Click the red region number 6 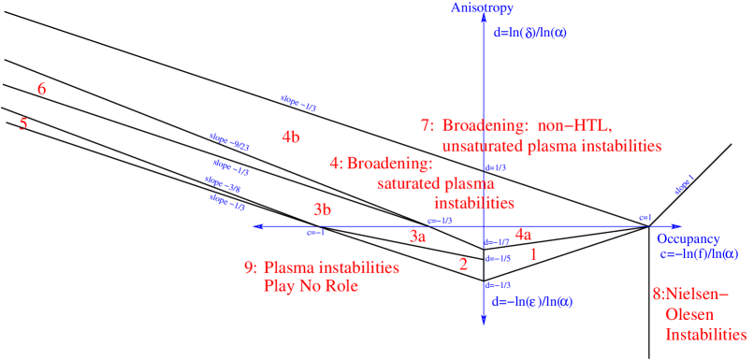pyautogui.click(x=41, y=90)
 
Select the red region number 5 pyautogui.click(x=23, y=123)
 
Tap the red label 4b pyautogui.click(x=291, y=137)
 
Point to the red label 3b pyautogui.click(x=322, y=210)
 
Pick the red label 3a pyautogui.click(x=418, y=238)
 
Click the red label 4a pyautogui.click(x=523, y=236)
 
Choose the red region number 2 pyautogui.click(x=463, y=265)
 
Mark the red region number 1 pyautogui.click(x=533, y=253)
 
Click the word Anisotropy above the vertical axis pyautogui.click(x=482, y=7)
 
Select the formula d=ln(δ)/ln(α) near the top pyautogui.click(x=529, y=33)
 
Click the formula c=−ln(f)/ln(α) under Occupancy pyautogui.click(x=699, y=254)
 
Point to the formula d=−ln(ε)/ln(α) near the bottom pyautogui.click(x=531, y=301)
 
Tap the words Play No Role pyautogui.click(x=312, y=285)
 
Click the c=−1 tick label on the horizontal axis pyautogui.click(x=316, y=233)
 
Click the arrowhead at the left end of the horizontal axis pyautogui.click(x=259, y=226)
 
